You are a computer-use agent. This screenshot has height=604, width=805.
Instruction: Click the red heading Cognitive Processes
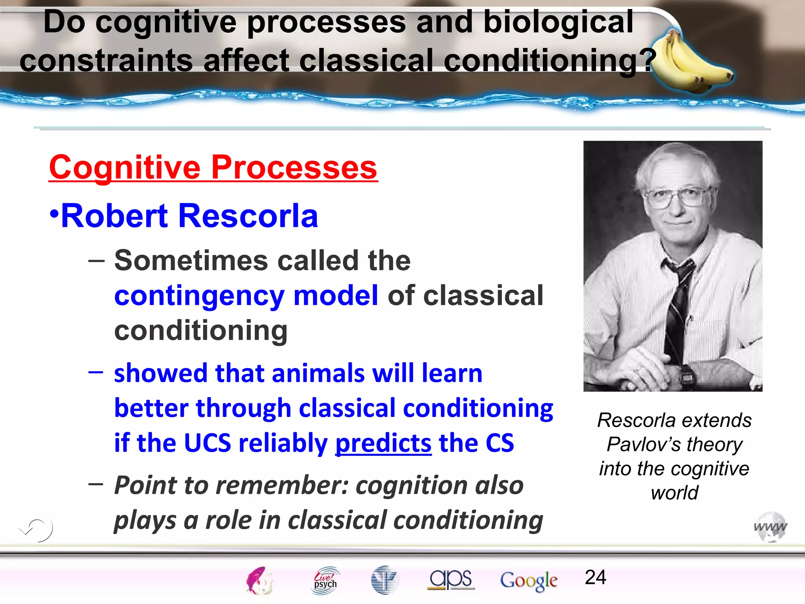213,168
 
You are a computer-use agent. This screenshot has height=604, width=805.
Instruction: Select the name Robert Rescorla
189,216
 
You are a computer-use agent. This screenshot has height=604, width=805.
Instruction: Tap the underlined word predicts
383,443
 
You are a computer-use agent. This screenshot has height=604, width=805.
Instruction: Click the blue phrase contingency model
246,296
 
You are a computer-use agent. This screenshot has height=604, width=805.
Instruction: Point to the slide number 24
595,577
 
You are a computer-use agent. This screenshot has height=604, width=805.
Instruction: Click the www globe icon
770,527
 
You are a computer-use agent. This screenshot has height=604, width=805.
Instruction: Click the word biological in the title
558,22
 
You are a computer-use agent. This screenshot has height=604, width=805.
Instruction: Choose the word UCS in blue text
207,443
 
